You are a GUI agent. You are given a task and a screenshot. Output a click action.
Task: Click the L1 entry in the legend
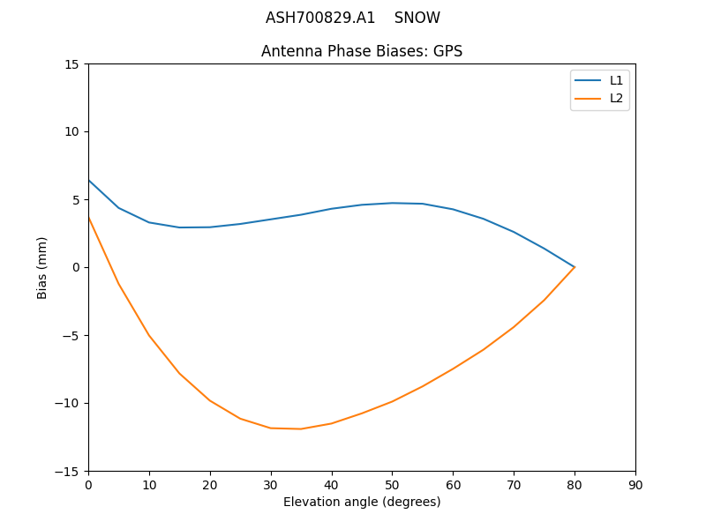pos(616,80)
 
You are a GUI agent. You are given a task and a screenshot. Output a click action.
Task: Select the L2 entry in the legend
pos(616,98)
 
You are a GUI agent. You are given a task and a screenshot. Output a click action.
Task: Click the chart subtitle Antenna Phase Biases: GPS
pos(362,51)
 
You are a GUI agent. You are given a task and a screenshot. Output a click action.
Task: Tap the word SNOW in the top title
pos(417,18)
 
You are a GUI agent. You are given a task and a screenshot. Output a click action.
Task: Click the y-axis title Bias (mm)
pos(42,267)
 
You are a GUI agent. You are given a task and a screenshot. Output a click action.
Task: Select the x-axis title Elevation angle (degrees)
pos(362,502)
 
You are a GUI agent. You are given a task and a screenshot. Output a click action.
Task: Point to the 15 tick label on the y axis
pos(71,63)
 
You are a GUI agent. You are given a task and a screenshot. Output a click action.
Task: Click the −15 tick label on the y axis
pos(67,471)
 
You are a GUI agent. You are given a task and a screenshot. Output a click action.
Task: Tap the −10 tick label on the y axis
pos(67,403)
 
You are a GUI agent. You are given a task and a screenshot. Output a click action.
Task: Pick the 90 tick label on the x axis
pos(635,484)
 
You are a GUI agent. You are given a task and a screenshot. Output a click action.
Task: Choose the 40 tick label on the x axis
pos(332,484)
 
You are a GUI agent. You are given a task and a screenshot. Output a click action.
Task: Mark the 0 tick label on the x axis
pos(88,484)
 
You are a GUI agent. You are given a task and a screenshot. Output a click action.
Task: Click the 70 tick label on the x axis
pos(514,484)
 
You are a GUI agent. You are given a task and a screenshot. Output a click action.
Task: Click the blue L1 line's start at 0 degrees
pos(88,180)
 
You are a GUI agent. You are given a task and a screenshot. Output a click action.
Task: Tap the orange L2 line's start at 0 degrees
pos(88,217)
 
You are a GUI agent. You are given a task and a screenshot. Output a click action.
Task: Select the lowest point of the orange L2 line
pos(301,428)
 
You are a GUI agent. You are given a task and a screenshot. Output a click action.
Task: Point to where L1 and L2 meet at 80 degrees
pos(575,267)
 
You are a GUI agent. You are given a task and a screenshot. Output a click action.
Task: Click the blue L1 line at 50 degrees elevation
pos(392,203)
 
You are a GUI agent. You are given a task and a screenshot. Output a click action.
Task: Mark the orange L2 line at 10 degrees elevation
pos(149,335)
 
